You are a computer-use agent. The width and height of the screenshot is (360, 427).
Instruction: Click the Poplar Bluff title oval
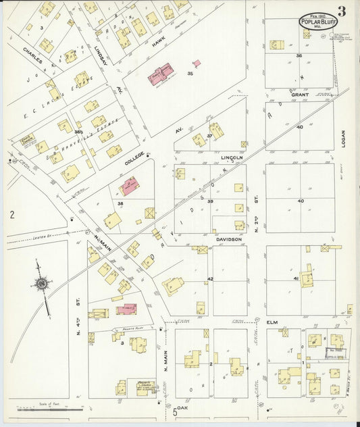323,22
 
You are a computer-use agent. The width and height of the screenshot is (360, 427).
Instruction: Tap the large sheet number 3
343,11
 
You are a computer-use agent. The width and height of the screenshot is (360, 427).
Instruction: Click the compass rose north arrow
43,283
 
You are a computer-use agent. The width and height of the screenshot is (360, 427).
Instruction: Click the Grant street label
299,95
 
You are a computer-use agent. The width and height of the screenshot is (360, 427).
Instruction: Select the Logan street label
343,138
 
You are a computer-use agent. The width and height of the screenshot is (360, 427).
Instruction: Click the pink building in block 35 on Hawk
160,73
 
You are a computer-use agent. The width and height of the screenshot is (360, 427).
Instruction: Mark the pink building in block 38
129,186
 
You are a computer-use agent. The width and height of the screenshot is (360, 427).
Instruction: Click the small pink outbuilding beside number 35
197,64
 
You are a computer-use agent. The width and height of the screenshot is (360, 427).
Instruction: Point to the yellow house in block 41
307,277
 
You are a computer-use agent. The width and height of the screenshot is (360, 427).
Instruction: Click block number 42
210,278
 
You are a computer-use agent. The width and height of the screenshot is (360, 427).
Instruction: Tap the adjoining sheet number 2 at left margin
11,215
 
